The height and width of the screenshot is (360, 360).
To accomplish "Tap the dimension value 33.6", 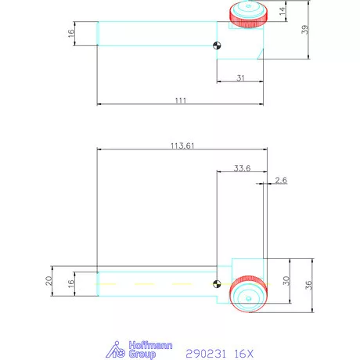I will tap(242, 168).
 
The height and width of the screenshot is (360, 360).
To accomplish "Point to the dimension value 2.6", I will tap(280, 181).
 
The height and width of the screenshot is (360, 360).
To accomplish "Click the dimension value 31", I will tap(240, 76).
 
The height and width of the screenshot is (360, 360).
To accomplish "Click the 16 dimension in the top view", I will tap(71, 34).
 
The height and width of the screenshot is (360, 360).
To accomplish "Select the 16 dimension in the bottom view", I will tap(71, 282).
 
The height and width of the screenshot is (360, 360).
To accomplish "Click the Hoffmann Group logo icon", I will tap(115, 350).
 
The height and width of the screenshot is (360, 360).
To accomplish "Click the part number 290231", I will tap(206, 354).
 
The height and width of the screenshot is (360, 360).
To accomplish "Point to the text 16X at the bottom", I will tap(245, 354).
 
